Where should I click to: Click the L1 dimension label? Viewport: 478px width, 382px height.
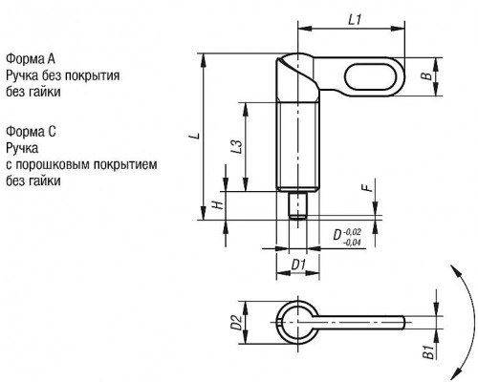point(354,20)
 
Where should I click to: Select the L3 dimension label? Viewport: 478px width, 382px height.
point(237,147)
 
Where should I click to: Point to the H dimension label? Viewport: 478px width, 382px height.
point(218,204)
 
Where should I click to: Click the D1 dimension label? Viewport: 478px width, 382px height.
point(299,265)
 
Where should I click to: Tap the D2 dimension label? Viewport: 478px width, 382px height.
point(236,322)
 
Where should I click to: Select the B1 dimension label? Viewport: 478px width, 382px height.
point(428,351)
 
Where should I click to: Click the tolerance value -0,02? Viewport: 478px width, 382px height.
point(353,231)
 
